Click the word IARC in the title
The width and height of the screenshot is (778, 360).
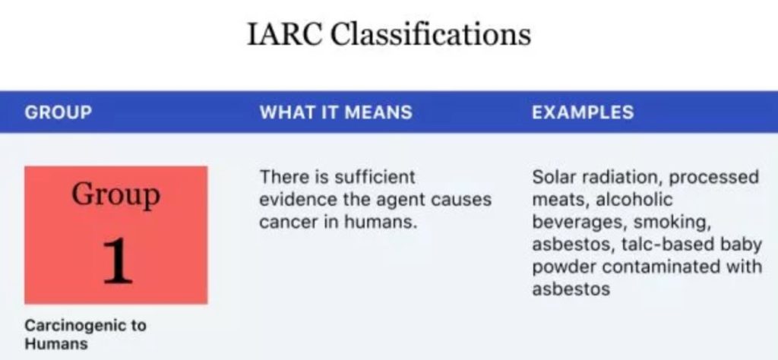click(x=284, y=34)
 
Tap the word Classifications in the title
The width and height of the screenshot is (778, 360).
click(x=431, y=34)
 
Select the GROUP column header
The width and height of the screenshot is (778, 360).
click(x=59, y=112)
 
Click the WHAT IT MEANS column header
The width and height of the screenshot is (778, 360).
click(x=336, y=112)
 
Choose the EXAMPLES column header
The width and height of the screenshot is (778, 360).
click(x=583, y=112)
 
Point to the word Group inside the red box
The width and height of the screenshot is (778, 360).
click(x=115, y=195)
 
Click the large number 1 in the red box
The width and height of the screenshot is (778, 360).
click(x=118, y=261)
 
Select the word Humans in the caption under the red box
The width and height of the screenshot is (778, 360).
click(x=56, y=343)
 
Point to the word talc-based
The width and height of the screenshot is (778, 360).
click(x=661, y=245)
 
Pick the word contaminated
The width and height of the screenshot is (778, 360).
click(x=662, y=267)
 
